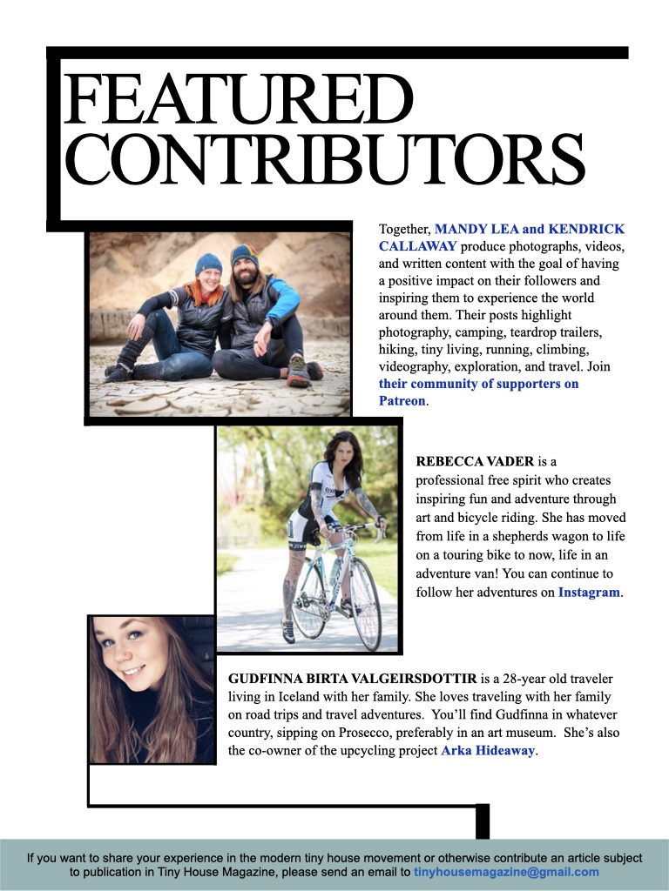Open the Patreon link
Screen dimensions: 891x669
coord(402,401)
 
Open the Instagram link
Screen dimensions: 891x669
coord(589,593)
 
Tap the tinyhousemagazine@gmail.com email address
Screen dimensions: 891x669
coord(506,872)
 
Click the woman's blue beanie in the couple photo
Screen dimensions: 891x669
coord(208,264)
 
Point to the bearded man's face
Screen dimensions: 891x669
coord(246,272)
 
